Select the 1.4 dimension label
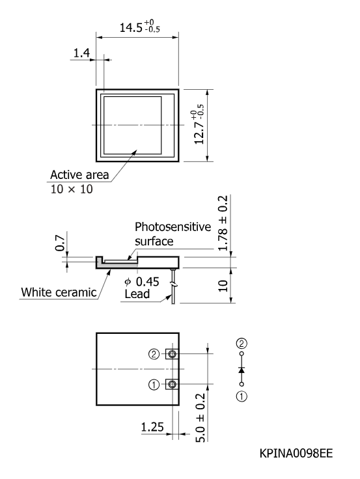[81, 53]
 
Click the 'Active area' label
[79, 174]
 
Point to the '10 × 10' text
[72, 189]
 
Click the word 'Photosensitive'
[173, 226]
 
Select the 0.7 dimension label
[60, 243]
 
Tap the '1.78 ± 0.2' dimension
[223, 223]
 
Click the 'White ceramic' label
[59, 292]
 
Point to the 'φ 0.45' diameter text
[142, 282]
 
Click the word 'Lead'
[137, 294]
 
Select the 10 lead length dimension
[223, 286]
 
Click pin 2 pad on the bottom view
[172, 354]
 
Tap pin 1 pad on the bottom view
[172, 384]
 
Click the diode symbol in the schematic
[242, 370]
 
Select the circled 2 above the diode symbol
[242, 344]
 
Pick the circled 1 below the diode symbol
[242, 396]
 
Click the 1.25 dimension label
[152, 427]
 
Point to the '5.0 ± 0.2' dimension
[201, 418]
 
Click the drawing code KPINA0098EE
[296, 454]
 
